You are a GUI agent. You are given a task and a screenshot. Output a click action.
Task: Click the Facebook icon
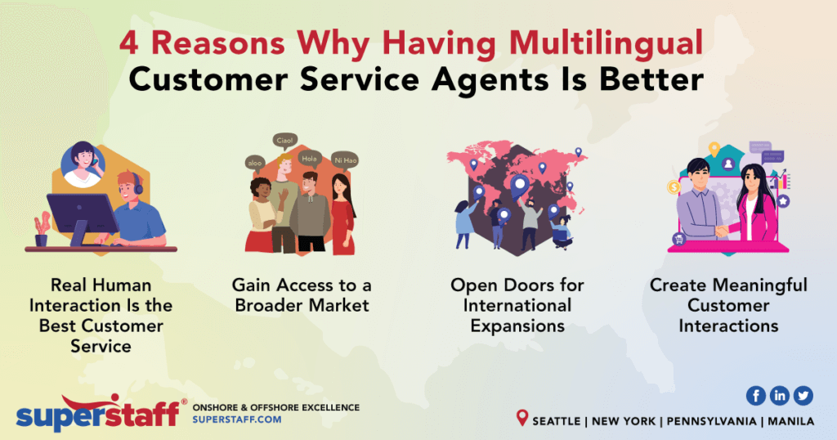755,395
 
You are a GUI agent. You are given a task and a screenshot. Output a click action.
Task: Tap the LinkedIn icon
780,395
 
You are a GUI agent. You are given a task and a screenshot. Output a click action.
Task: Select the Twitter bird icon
803,395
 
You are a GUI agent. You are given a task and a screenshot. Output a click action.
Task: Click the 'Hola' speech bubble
308,159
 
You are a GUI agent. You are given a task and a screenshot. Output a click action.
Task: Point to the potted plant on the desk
41,230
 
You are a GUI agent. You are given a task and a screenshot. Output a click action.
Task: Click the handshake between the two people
721,231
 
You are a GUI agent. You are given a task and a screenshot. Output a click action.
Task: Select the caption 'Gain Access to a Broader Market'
301,295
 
